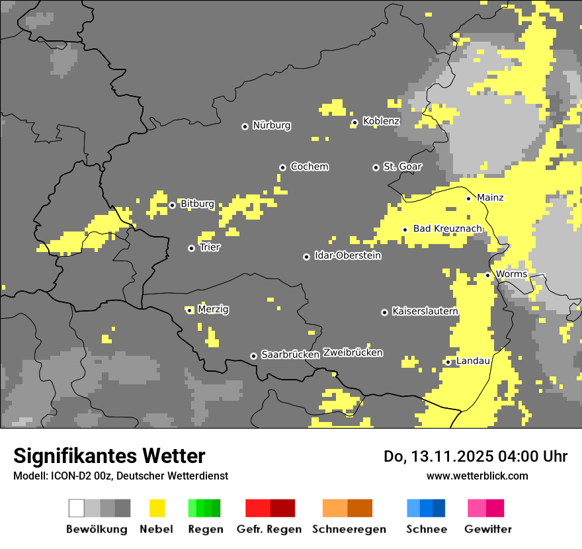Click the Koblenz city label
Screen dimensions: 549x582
[x=381, y=121]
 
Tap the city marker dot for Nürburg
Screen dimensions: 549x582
[x=245, y=126]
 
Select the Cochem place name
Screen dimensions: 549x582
[x=309, y=167]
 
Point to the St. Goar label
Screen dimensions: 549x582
[x=402, y=167]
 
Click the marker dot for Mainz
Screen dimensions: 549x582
[x=468, y=198]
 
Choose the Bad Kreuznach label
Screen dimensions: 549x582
[x=447, y=229]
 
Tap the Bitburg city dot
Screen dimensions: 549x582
[x=172, y=205]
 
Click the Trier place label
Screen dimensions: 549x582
[x=210, y=247]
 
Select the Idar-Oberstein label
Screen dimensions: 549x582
[x=347, y=255]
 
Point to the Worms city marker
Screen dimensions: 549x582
[x=487, y=275]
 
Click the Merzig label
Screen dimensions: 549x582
[x=213, y=310]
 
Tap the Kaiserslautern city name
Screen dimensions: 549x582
[x=425, y=311]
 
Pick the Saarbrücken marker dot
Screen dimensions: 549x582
[x=253, y=356]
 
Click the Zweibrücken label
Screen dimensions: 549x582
[x=353, y=353]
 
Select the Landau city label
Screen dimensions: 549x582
[x=473, y=361]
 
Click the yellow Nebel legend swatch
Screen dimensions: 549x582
[x=157, y=508]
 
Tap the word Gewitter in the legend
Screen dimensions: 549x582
[x=488, y=529]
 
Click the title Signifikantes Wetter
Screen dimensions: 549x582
[x=109, y=456]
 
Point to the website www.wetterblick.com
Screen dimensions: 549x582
[x=477, y=476]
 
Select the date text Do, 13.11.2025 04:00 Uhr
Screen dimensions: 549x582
[x=475, y=456]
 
